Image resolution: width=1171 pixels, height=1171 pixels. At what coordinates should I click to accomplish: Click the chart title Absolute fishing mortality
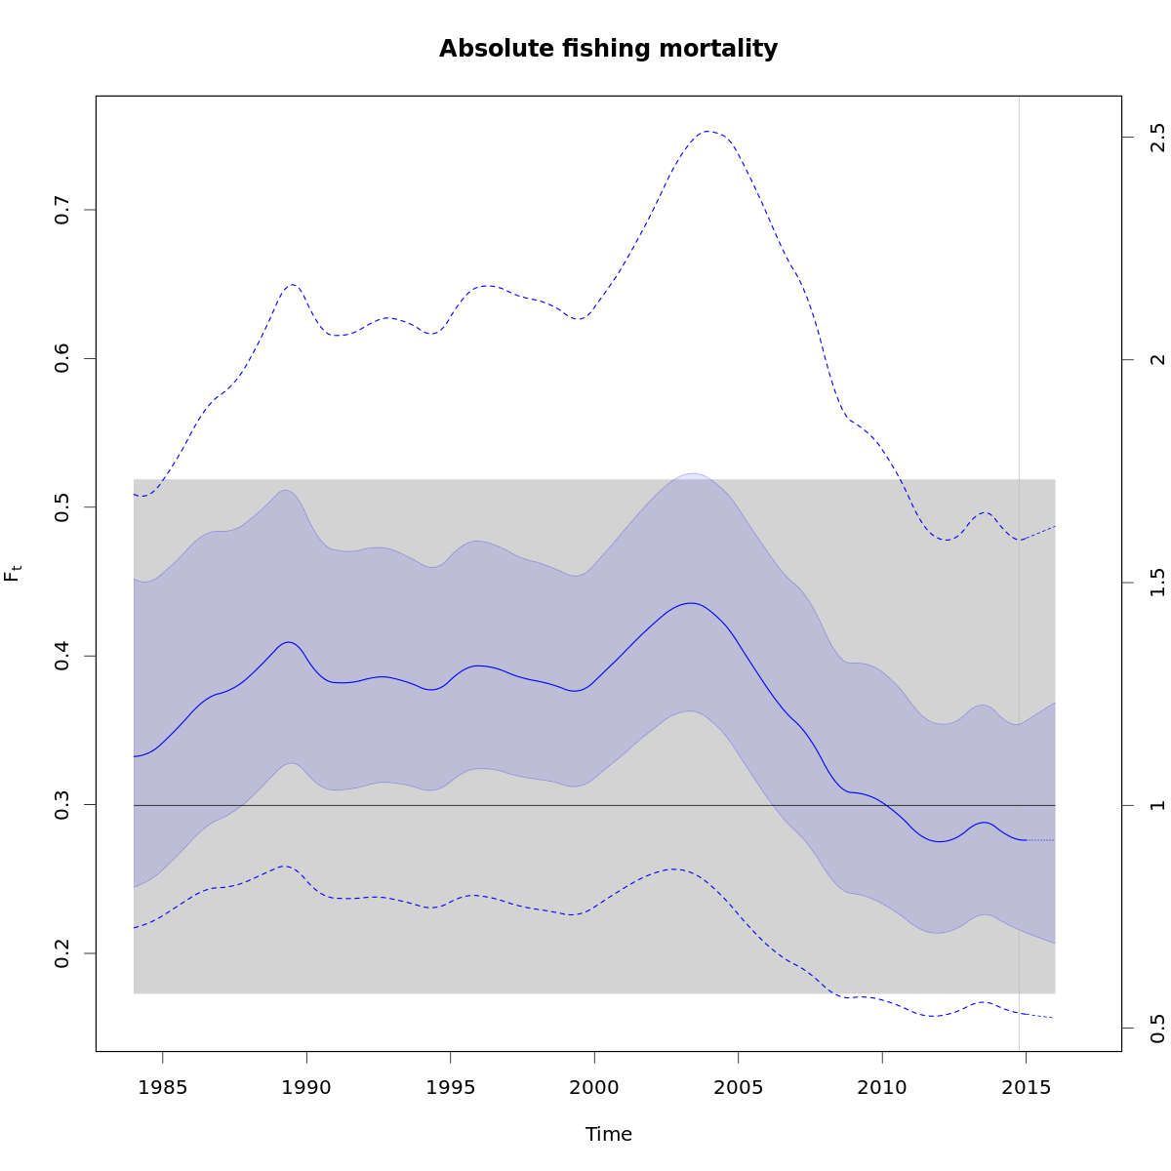click(x=608, y=49)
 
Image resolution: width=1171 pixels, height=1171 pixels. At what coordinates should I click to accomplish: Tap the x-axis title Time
click(x=608, y=1134)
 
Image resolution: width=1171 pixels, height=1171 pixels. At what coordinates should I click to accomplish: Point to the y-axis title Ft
click(x=13, y=573)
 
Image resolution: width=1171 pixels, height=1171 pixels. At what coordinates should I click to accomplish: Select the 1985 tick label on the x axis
click(x=163, y=1087)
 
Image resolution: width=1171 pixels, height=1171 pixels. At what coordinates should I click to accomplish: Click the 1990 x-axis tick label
click(x=306, y=1087)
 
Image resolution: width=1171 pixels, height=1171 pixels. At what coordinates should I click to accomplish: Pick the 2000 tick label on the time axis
click(x=594, y=1087)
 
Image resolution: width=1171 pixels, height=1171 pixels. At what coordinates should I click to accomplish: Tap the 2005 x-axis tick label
click(x=739, y=1087)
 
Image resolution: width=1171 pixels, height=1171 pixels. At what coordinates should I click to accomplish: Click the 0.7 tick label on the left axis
click(x=62, y=210)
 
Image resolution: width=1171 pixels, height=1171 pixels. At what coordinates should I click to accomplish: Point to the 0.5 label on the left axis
click(x=62, y=507)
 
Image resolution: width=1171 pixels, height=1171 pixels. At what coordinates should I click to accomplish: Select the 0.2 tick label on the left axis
click(x=62, y=953)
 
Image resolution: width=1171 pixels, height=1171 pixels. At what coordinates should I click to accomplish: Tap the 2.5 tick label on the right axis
click(x=1157, y=137)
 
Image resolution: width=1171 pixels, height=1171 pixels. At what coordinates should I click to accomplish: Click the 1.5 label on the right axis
click(x=1157, y=583)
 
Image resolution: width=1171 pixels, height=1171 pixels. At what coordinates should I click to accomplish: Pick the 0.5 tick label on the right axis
click(x=1157, y=1028)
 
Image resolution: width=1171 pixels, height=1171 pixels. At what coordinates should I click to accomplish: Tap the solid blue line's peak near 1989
click(x=289, y=642)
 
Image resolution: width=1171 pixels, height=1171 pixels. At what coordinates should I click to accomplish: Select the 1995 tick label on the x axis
click(x=451, y=1087)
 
